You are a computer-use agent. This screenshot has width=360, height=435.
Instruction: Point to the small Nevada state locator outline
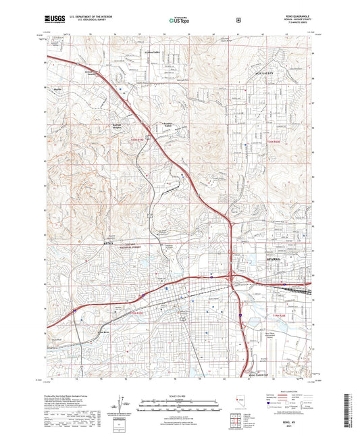[241, 403]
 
